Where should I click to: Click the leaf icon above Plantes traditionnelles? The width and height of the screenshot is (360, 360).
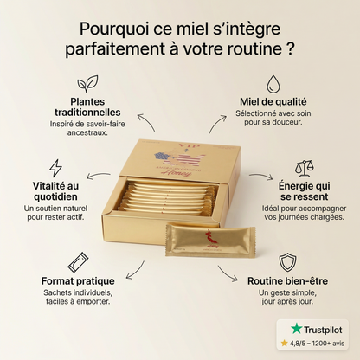[87, 84]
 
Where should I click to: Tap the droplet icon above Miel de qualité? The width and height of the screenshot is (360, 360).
[273, 84]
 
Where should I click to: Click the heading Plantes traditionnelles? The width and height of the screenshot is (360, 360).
[87, 106]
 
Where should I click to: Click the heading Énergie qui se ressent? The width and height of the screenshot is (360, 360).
[304, 190]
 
